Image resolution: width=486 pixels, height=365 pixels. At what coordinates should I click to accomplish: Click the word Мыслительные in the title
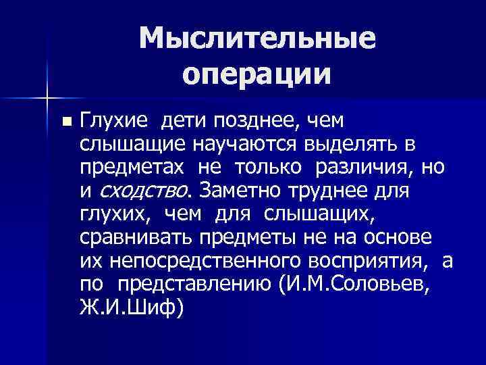pyautogui.click(x=257, y=39)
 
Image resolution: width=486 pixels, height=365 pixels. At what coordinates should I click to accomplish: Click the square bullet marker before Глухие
pyautogui.click(x=65, y=122)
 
